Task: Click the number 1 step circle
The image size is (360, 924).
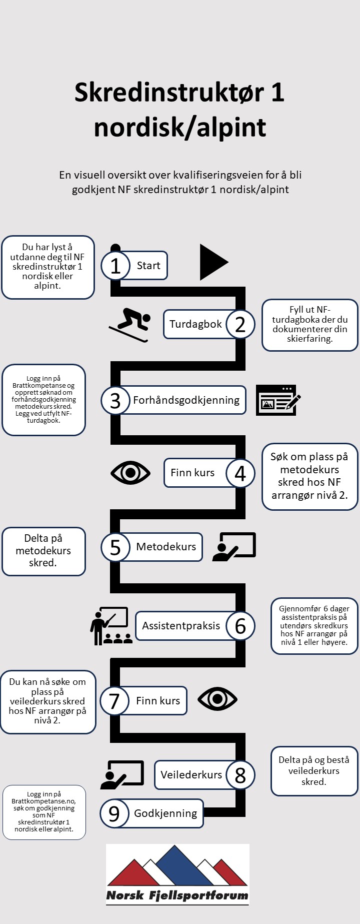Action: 115,266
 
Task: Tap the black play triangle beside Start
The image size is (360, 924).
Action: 212,262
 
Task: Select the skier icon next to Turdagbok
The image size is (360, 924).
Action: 130,325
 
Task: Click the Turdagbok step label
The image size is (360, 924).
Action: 195,324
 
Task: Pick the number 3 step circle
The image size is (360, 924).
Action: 115,400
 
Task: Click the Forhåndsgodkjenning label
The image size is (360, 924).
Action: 186,400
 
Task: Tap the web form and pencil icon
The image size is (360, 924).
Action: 278,400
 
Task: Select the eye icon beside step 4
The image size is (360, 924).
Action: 130,473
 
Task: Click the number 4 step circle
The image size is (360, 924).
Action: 240,473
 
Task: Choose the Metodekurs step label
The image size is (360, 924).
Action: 166,547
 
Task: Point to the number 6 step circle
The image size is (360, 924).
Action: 240,626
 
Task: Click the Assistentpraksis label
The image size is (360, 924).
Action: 181,626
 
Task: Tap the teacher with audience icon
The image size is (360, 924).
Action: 111,626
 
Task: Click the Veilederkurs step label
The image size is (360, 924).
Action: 191,775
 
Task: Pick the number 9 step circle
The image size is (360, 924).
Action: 114,813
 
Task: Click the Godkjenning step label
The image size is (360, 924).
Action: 165,813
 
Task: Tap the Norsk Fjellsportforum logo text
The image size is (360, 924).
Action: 177,896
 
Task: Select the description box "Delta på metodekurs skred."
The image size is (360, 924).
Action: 43,551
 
